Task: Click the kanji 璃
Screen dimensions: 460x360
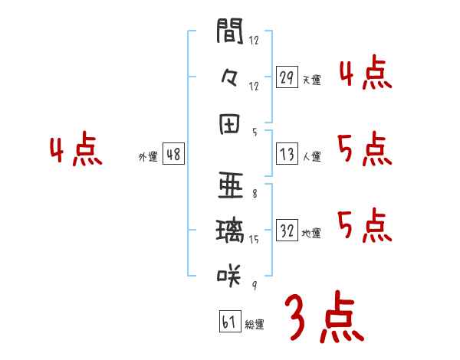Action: (x=229, y=230)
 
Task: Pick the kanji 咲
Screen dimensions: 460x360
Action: (x=229, y=273)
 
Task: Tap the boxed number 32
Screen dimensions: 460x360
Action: (x=287, y=231)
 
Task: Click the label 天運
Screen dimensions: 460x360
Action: (x=311, y=80)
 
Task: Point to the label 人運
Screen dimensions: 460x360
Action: (x=311, y=157)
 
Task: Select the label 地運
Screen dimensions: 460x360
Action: (x=311, y=233)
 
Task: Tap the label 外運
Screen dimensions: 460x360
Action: (x=148, y=157)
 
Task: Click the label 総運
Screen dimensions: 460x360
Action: (x=255, y=324)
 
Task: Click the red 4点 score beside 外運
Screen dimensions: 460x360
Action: (x=76, y=151)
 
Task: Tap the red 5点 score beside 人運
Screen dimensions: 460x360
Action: (x=364, y=149)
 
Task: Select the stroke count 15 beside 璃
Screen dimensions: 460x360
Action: (x=254, y=240)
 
